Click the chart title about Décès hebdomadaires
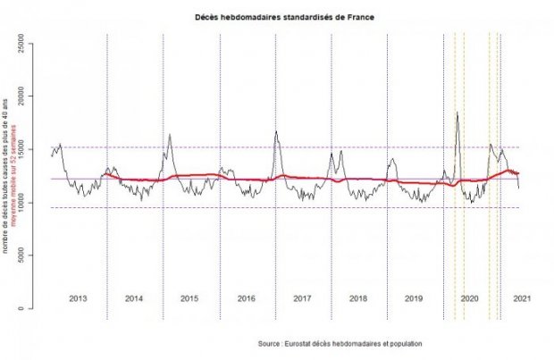tap(276, 17)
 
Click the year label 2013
tap(78, 297)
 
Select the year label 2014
tap(134, 297)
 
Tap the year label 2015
tap(189, 297)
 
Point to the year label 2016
tap(246, 297)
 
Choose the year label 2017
tap(302, 297)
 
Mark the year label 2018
tap(357, 297)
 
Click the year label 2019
tap(414, 297)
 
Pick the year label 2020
tap(470, 297)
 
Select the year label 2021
tap(524, 297)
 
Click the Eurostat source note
tap(340, 344)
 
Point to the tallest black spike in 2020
tap(457, 113)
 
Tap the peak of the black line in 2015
tap(170, 134)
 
